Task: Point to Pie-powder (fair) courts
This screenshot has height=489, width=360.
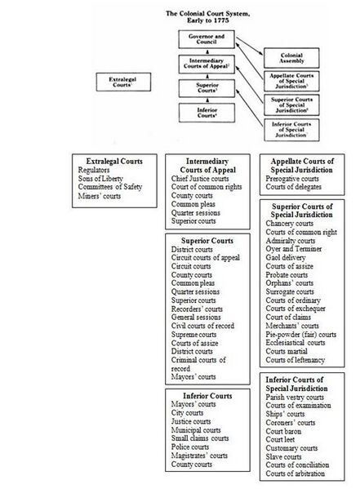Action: tap(301, 334)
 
